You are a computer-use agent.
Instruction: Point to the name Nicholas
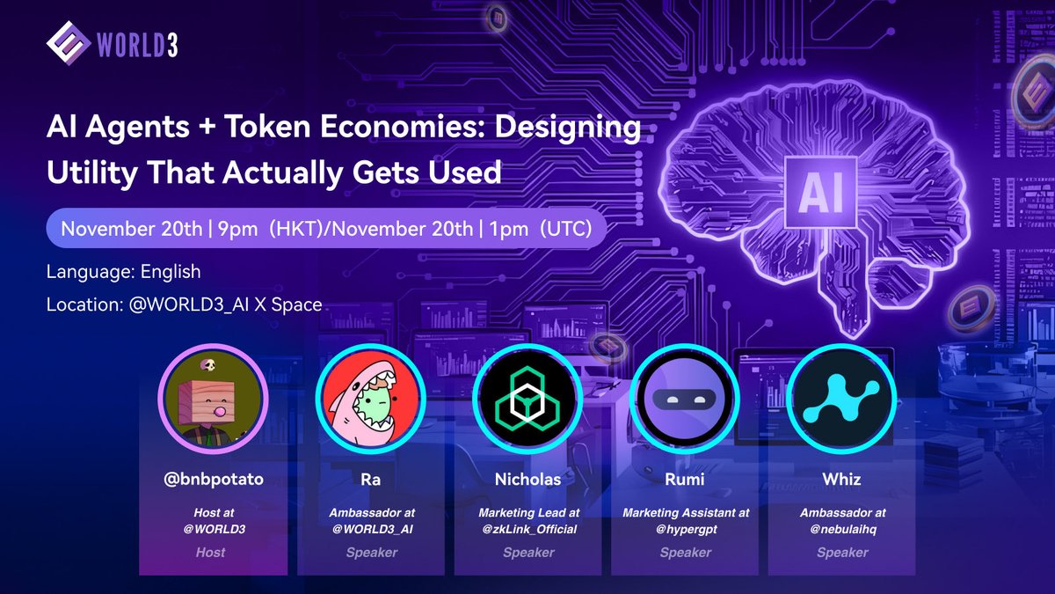coord(527,480)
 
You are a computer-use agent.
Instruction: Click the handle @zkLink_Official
coord(528,528)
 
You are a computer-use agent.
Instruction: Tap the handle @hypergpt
coord(685,528)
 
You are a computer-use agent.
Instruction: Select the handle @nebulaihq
coord(842,528)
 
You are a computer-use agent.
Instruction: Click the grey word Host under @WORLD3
coord(211,553)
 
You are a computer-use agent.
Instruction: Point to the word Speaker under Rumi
coord(685,553)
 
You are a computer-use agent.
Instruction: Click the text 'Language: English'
coord(124,272)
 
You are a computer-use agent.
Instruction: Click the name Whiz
coord(842,480)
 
